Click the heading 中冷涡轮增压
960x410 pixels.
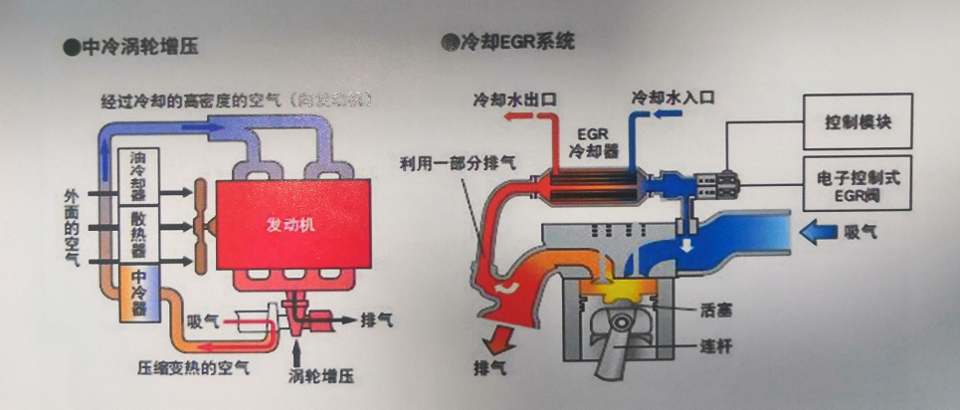coord(143,47)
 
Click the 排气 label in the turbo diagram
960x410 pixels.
coord(377,320)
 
